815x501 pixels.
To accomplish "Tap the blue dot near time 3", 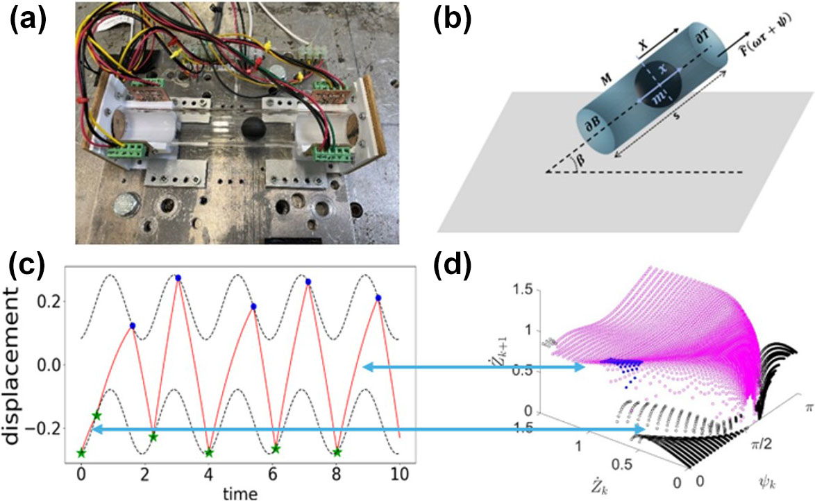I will click(x=178, y=278).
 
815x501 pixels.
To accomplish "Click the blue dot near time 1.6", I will click(x=132, y=325).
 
